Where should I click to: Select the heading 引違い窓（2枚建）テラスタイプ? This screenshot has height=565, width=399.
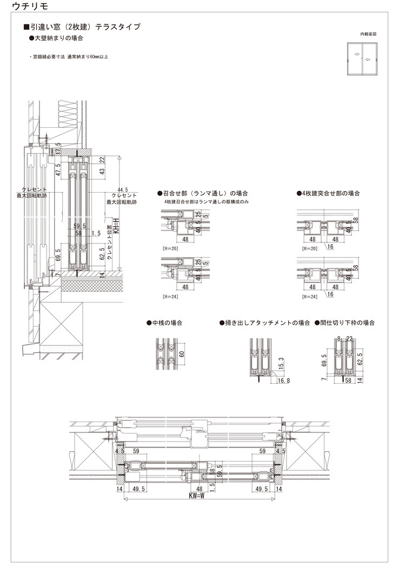[x=82, y=27]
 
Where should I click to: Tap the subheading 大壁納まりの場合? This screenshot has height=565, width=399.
[x=56, y=38]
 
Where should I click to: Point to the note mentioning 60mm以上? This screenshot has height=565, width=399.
[x=68, y=56]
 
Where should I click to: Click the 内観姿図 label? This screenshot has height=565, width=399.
[x=368, y=34]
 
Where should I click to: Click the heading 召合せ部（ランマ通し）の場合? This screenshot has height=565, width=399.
[x=202, y=193]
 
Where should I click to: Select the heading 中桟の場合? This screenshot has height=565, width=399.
[x=164, y=323]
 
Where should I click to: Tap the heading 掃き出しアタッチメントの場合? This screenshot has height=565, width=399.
[x=264, y=323]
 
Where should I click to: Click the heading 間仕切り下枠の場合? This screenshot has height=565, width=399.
[x=344, y=323]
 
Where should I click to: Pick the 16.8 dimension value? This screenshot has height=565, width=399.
[x=284, y=381]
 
